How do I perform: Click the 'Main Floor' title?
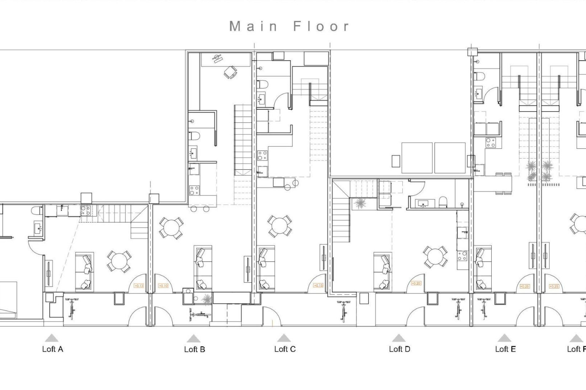tap(289, 26)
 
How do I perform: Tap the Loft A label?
tap(52, 349)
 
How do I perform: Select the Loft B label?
tap(194, 349)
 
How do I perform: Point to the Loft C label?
tap(285, 349)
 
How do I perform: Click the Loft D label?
tap(400, 349)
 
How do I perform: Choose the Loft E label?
tap(505, 349)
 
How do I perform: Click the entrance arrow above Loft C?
tap(284, 338)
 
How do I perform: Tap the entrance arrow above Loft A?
tap(52, 338)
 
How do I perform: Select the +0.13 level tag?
tap(139, 286)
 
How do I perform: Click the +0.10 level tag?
tap(164, 286)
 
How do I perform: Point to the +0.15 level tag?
tap(318, 285)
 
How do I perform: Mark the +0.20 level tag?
tap(416, 283)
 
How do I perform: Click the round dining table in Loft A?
tap(119, 261)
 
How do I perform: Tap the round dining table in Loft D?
tap(435, 257)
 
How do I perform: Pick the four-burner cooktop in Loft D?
tap(462, 256)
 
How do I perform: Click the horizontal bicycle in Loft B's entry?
tap(200, 314)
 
